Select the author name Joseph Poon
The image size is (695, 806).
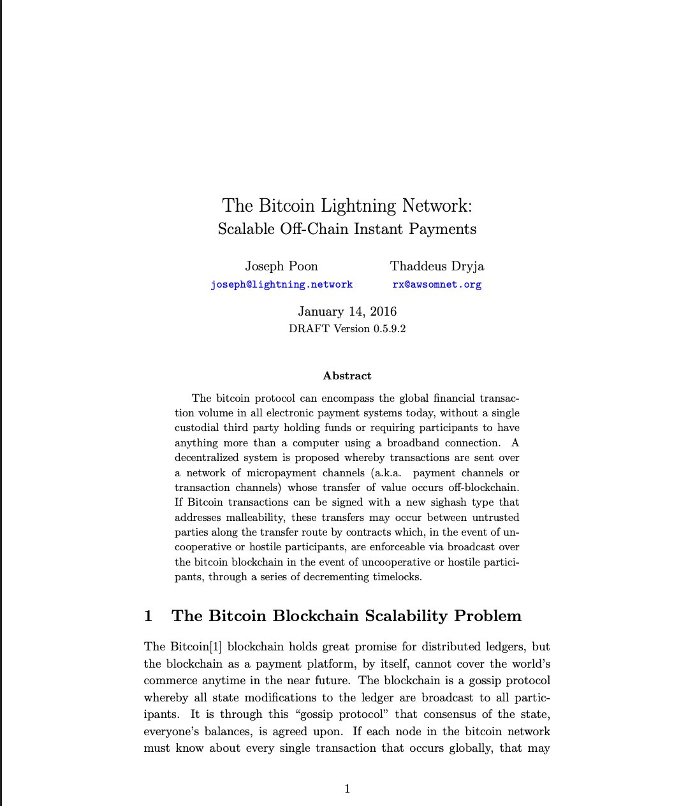click(x=281, y=266)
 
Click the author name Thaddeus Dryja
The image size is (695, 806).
click(x=437, y=266)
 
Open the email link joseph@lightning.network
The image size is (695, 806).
click(x=281, y=284)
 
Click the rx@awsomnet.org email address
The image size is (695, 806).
click(x=437, y=284)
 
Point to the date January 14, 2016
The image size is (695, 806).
click(x=347, y=311)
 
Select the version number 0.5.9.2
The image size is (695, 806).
click(x=390, y=329)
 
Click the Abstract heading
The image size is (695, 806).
click(x=347, y=376)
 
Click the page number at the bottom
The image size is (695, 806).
click(x=347, y=789)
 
